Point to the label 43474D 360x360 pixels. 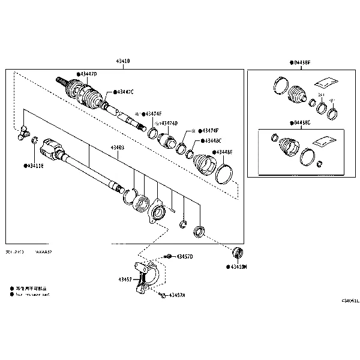pos(168,123)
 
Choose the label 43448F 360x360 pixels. pos(224,152)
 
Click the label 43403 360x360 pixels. pos(117,147)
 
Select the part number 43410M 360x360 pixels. pos(238,266)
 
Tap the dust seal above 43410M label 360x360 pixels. pos(238,251)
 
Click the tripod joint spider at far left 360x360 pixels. pos(22,133)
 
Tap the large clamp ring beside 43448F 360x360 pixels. pos(224,173)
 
